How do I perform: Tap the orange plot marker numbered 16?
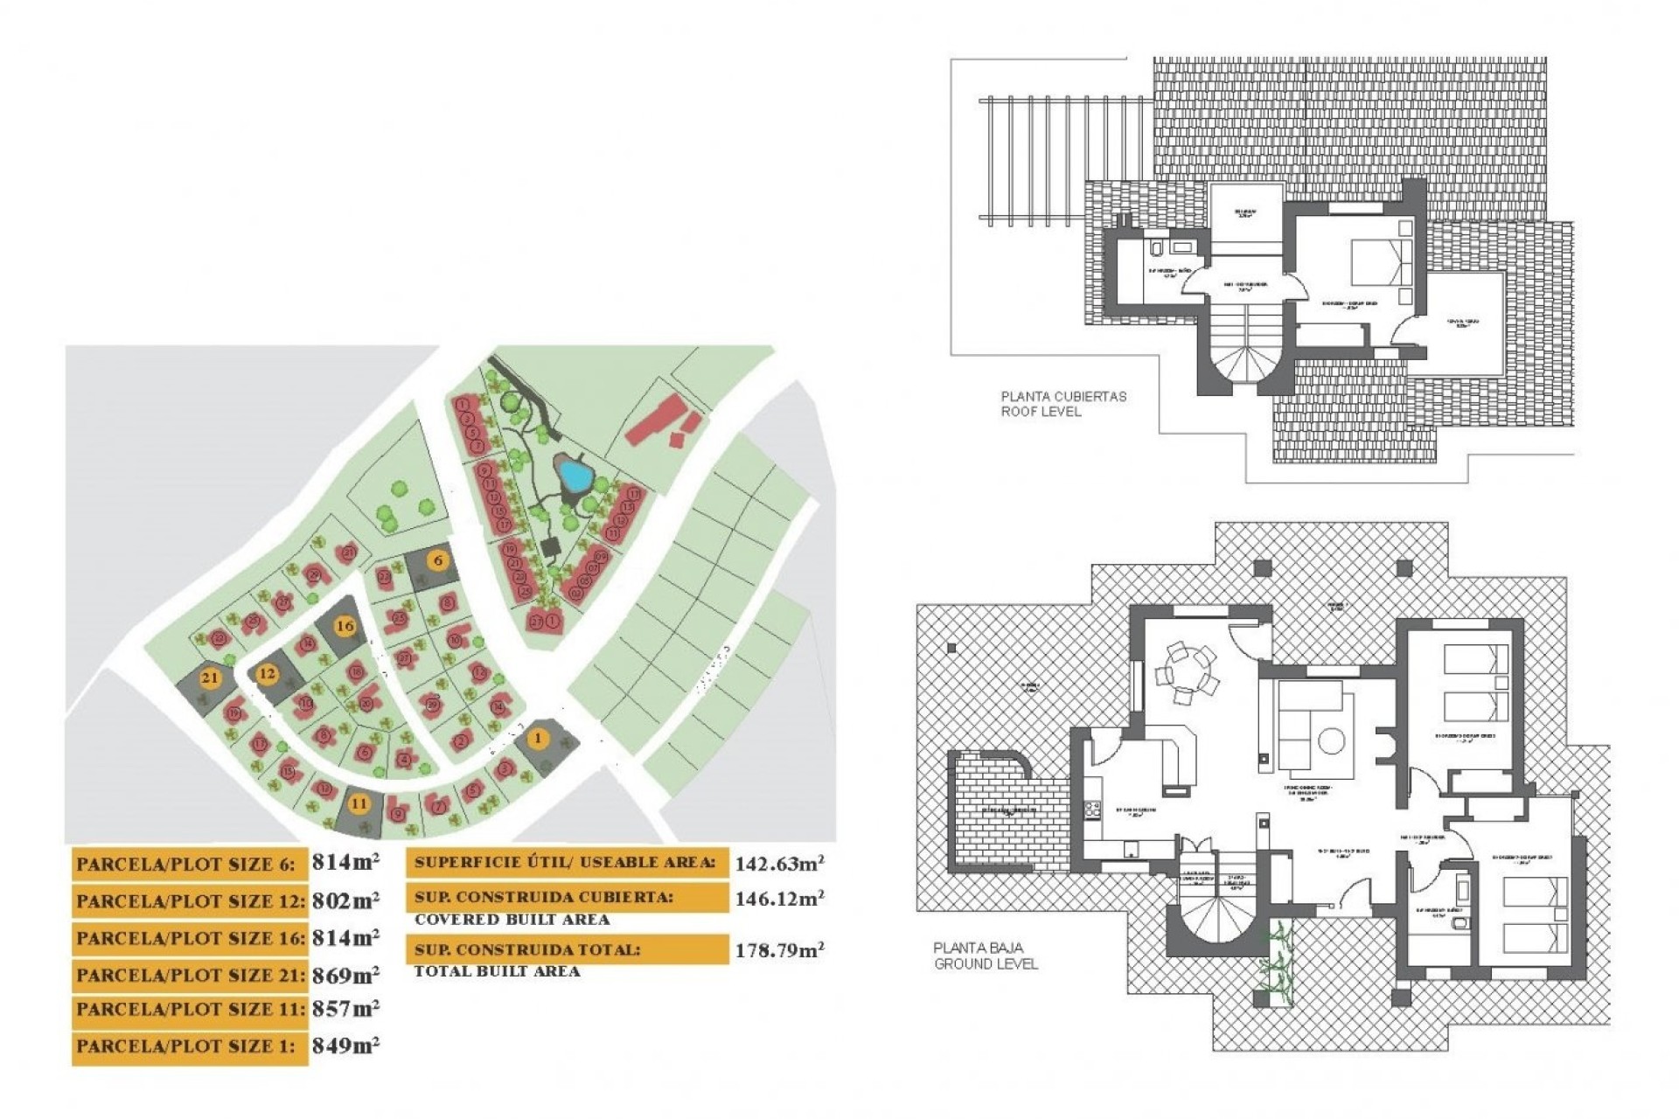point(345,626)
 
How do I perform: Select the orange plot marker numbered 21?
point(210,678)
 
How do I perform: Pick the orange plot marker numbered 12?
point(267,674)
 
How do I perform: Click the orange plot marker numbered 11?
point(359,803)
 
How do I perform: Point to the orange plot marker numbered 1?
point(539,739)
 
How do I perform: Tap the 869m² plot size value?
point(345,975)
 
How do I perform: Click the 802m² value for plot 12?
point(345,900)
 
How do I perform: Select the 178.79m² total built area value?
point(778,950)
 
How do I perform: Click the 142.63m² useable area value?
point(778,864)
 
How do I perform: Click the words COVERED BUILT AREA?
point(512,920)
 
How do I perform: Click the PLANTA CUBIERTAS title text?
point(1063,396)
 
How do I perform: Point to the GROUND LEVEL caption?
point(986,964)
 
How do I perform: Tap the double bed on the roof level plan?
point(1382,261)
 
